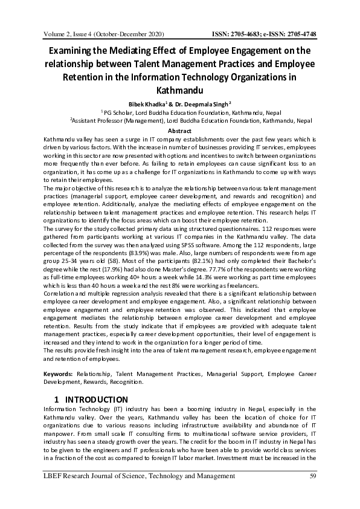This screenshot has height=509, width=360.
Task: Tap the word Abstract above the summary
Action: coord(179,131)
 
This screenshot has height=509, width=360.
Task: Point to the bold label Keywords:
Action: coord(59,375)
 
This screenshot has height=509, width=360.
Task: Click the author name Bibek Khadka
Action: coord(159,104)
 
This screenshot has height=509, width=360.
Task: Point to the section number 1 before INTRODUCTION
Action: coord(56,400)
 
